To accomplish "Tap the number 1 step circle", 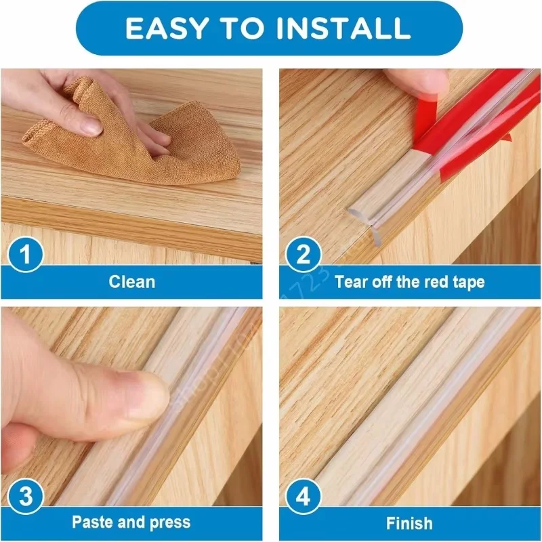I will (25, 256).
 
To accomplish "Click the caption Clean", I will (131, 282).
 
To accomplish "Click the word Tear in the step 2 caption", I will (351, 282).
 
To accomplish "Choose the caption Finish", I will (409, 523).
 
